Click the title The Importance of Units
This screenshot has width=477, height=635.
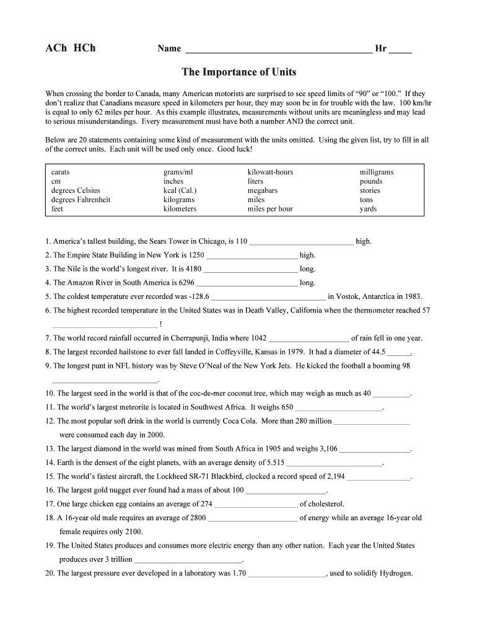click(x=239, y=73)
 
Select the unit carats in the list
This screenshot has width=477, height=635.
click(x=61, y=172)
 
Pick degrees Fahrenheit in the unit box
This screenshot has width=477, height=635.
click(x=81, y=200)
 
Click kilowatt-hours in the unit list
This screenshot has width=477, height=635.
click(x=270, y=172)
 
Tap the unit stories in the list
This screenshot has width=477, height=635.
click(x=370, y=190)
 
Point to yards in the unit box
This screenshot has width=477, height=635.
click(x=368, y=209)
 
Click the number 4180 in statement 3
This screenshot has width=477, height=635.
click(x=194, y=269)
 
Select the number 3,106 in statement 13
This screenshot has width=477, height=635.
click(x=326, y=448)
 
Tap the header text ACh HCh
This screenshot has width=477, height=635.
click(x=71, y=48)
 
